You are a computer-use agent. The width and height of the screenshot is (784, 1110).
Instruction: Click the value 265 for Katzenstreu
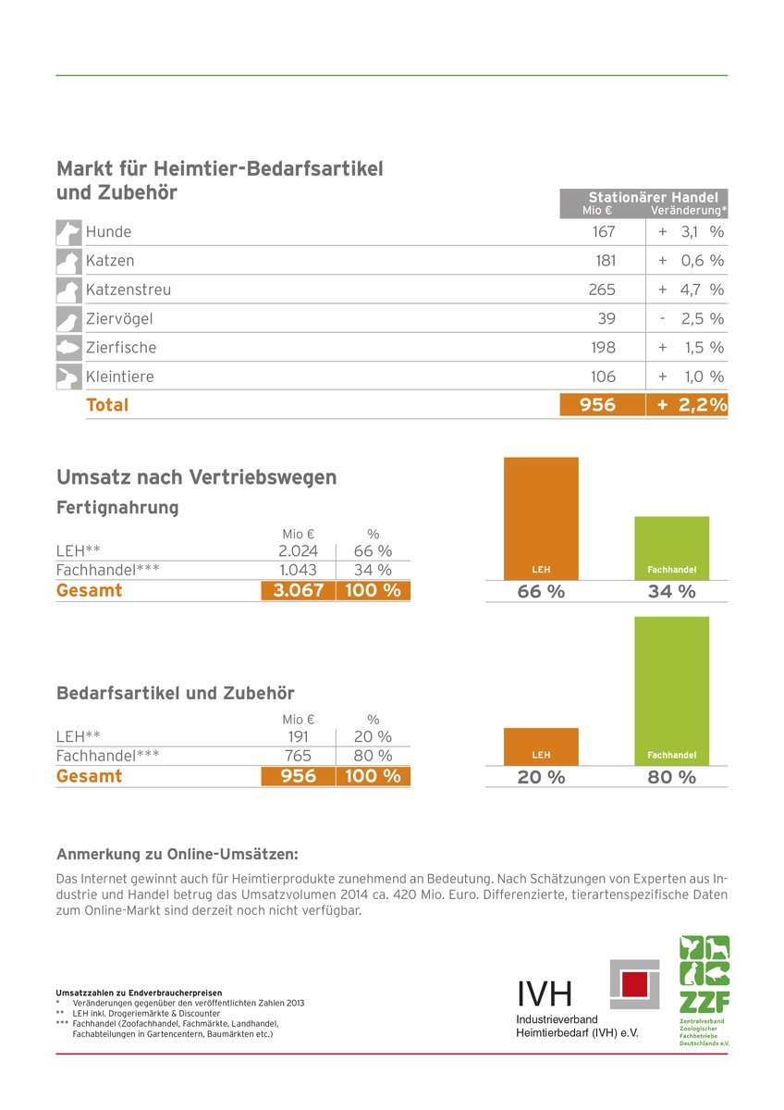coord(602,290)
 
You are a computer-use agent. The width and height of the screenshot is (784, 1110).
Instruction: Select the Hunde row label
coord(108,231)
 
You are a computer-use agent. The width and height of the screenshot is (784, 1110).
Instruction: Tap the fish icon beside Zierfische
coord(68,348)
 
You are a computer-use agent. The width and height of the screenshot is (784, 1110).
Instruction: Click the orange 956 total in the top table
coord(597,405)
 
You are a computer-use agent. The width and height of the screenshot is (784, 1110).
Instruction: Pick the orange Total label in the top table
coord(107,405)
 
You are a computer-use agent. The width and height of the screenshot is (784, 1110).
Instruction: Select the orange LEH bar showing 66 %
coord(541,518)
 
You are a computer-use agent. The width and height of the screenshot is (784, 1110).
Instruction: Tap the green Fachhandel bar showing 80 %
coord(671,691)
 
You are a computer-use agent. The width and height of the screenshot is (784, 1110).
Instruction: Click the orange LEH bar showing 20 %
coord(541,746)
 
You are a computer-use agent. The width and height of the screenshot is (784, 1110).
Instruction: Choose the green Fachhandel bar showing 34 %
coord(671,548)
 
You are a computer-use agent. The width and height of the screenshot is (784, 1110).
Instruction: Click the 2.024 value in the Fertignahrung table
coord(298,550)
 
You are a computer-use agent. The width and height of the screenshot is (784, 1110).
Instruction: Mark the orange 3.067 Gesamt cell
coord(298,590)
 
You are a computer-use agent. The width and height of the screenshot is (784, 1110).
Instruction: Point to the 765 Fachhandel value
coord(298,755)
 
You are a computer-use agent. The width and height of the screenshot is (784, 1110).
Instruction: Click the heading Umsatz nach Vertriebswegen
coord(197,477)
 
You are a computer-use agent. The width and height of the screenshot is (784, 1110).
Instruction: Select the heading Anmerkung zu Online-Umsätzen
coord(178,855)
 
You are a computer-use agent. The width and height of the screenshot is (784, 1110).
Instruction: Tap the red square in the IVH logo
coord(634,984)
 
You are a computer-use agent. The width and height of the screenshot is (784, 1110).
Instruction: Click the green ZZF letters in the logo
coord(704,1002)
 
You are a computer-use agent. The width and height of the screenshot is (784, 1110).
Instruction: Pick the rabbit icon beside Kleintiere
coord(68,376)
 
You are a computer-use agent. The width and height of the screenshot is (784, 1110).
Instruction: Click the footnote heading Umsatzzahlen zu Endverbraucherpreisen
coord(139,993)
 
